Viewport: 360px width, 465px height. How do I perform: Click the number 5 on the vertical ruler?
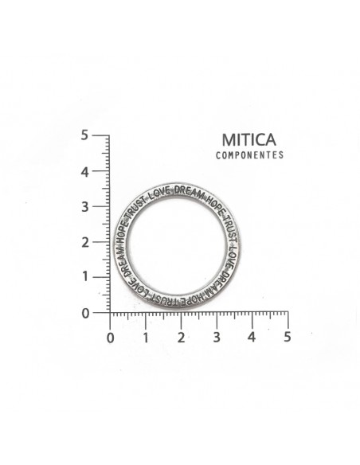[x=84, y=135]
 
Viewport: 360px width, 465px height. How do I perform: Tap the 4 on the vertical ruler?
[x=84, y=172]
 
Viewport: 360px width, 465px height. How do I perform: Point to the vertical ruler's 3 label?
[x=85, y=207]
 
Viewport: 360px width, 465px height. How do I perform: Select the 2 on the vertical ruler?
[x=85, y=243]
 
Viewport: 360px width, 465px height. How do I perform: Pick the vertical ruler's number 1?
[x=85, y=276]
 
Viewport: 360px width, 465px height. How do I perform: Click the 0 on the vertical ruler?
[x=85, y=313]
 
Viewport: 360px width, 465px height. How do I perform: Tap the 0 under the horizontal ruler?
[x=111, y=338]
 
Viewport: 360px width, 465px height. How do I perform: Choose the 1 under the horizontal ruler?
[x=146, y=338]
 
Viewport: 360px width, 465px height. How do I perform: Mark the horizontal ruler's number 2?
[x=181, y=338]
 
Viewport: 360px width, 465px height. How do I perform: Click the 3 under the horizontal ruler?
[x=217, y=337]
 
